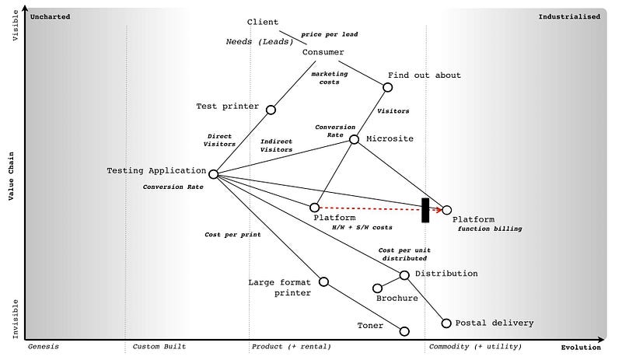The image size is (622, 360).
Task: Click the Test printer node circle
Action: pyautogui.click(x=271, y=110)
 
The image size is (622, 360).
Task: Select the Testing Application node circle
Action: pyautogui.click(x=213, y=174)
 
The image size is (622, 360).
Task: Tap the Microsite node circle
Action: pyautogui.click(x=355, y=139)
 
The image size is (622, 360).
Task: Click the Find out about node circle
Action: pyautogui.click(x=387, y=87)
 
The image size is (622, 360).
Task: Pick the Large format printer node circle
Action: pyautogui.click(x=324, y=281)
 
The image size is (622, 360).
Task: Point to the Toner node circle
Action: pyautogui.click(x=404, y=331)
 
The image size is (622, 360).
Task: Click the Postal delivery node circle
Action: pyautogui.click(x=446, y=323)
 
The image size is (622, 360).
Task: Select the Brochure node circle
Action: pyautogui.click(x=377, y=288)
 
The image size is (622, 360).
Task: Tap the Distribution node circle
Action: pyautogui.click(x=404, y=274)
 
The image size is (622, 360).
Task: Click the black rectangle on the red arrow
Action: pyautogui.click(x=425, y=210)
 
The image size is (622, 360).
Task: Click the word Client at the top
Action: pyautogui.click(x=263, y=22)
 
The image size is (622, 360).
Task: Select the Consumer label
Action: pyautogui.click(x=323, y=52)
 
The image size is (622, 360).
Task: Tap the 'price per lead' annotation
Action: pyautogui.click(x=329, y=34)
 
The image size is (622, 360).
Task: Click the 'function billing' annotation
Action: pyautogui.click(x=490, y=229)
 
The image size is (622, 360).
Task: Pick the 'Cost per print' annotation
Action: pyautogui.click(x=232, y=234)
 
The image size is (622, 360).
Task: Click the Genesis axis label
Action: pyautogui.click(x=44, y=347)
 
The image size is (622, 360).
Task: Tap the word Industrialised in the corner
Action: pyautogui.click(x=569, y=16)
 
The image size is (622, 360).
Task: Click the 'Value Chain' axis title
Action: pyautogui.click(x=12, y=176)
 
